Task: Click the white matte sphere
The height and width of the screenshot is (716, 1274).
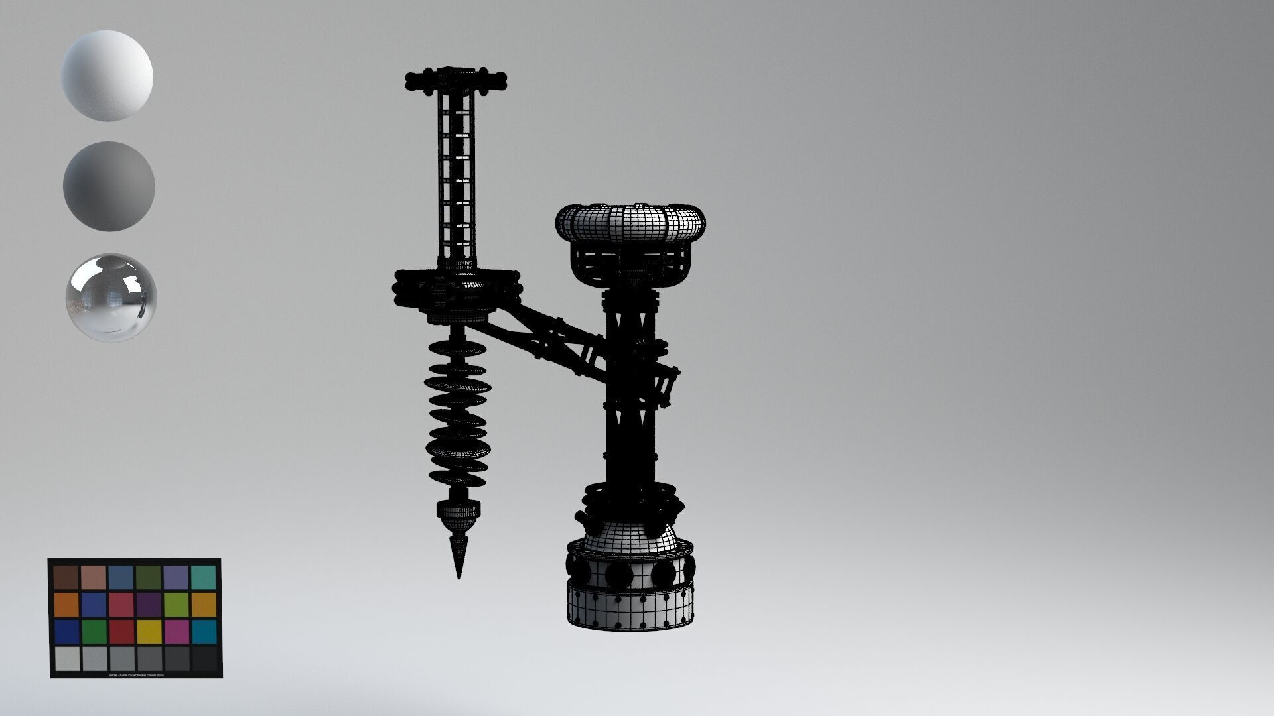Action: point(107,76)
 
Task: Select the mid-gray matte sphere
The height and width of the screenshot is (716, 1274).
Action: point(109,186)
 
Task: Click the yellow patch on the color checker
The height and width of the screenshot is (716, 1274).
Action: point(149,631)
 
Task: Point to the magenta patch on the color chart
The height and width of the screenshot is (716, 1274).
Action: point(177,631)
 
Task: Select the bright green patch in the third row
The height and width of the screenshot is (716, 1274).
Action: point(94,631)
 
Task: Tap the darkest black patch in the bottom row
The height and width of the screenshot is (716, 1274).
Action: point(204,658)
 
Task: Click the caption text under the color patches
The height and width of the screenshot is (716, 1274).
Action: point(135,674)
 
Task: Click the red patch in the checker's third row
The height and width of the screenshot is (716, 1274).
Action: point(121,631)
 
